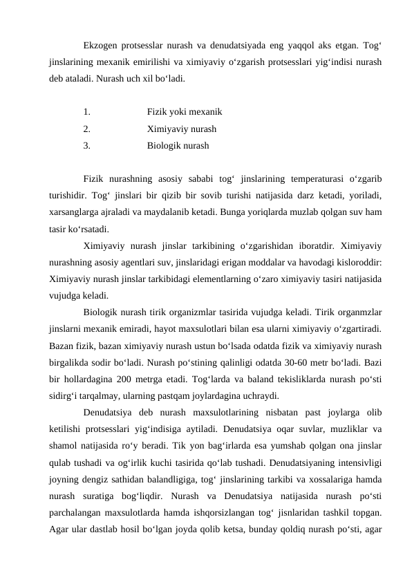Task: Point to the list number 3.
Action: click(x=86, y=146)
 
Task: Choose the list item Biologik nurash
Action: click(x=178, y=146)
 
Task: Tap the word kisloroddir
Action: click(x=358, y=262)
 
